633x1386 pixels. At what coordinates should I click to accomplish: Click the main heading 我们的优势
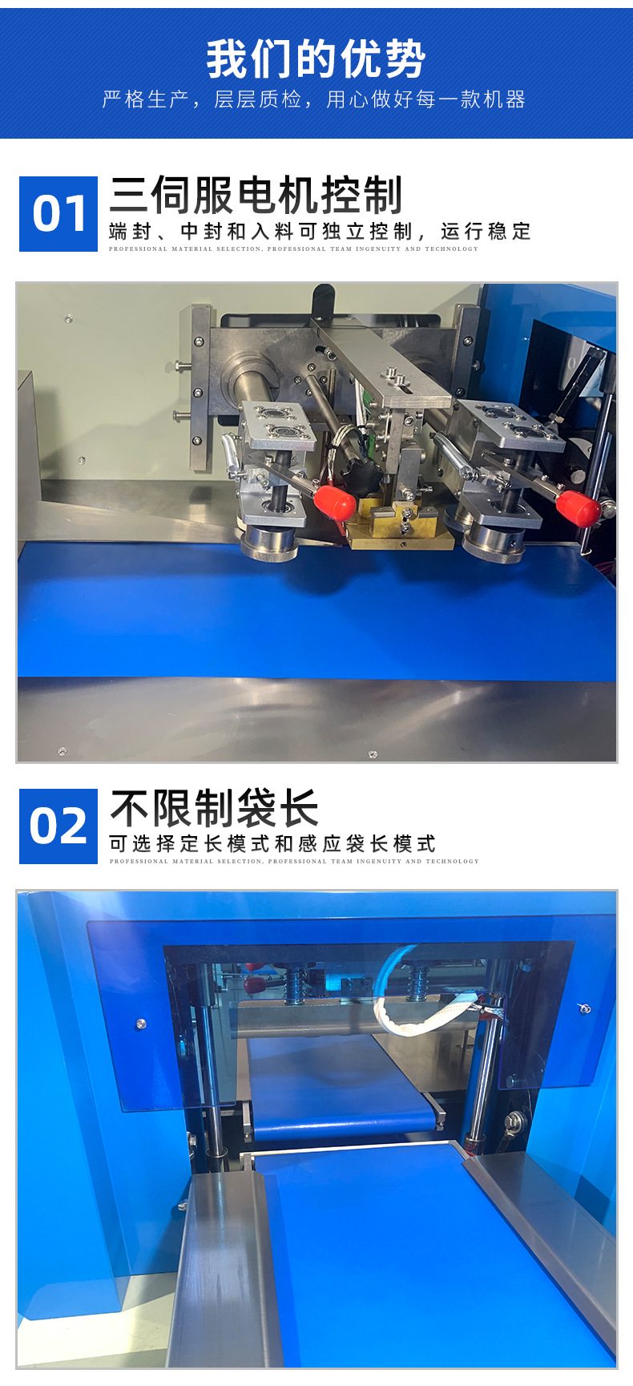point(316,59)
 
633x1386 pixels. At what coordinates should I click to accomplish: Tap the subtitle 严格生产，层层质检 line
point(314,99)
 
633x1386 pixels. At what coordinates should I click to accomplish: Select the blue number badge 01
point(58,214)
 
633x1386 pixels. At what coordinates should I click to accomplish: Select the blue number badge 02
point(58,826)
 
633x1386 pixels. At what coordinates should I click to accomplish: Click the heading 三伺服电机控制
point(256,196)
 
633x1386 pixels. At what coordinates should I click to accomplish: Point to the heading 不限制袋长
point(214,808)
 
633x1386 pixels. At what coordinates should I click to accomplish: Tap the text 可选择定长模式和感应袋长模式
point(272,843)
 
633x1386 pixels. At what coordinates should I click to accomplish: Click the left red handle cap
point(334,501)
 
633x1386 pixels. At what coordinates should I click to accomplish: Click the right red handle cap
point(578,508)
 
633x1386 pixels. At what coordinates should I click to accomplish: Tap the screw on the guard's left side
point(141,1024)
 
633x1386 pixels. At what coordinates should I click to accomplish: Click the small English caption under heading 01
point(293,249)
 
